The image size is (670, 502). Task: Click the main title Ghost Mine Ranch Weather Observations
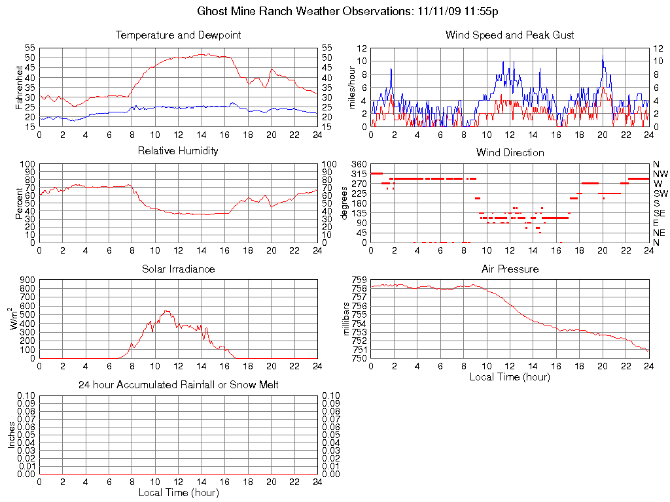click(349, 12)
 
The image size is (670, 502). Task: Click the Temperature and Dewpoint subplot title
click(178, 35)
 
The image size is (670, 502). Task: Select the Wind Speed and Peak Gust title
click(510, 35)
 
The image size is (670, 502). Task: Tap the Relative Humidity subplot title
click(178, 151)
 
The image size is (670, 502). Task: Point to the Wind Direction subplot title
click(510, 153)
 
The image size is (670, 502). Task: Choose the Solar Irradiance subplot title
click(178, 269)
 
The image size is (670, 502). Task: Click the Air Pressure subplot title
click(510, 269)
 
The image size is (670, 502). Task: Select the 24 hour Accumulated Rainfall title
click(178, 385)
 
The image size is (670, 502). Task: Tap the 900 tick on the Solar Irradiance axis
click(27, 279)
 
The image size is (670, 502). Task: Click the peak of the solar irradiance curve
click(166, 310)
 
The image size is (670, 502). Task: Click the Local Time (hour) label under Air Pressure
click(510, 376)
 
